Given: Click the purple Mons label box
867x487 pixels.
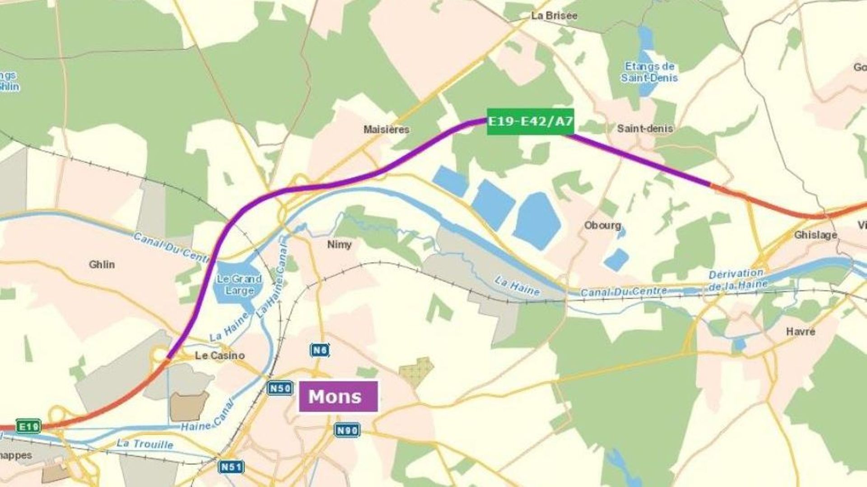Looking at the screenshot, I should [x=338, y=396].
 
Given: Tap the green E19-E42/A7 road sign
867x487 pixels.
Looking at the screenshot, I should [x=530, y=121].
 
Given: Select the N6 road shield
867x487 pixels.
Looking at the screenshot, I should [x=319, y=350].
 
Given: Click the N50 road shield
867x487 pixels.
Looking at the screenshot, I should [x=279, y=388].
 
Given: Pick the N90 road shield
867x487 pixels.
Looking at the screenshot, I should [x=347, y=430].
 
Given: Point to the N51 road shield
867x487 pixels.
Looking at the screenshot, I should [x=231, y=466].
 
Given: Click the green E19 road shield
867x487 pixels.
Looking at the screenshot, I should [x=28, y=426].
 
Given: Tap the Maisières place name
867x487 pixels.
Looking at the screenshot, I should [x=386, y=130].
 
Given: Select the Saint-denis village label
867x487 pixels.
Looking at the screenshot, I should [x=645, y=129].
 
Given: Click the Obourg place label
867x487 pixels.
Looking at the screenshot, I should [x=602, y=225].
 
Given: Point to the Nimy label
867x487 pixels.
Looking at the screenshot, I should [x=339, y=244].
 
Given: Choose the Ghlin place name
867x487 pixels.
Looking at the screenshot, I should [x=102, y=264].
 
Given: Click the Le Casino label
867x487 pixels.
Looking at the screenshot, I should [x=219, y=356].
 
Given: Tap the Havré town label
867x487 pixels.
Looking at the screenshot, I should [x=800, y=332].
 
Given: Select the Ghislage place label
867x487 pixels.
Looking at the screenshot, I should [x=815, y=235].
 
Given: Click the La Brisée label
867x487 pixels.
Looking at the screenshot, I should [x=554, y=16].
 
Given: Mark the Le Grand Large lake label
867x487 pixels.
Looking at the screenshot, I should [x=239, y=285].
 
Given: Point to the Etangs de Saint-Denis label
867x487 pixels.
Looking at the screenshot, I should [x=649, y=72].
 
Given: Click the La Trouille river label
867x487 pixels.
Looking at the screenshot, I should [x=144, y=444].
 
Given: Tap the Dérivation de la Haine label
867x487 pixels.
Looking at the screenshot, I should [x=737, y=279].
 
